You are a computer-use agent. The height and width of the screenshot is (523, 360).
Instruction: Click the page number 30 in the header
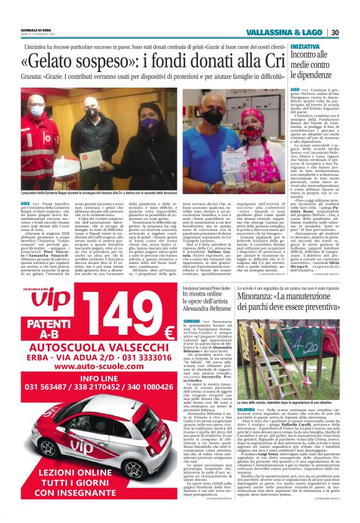pos(335,32)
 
